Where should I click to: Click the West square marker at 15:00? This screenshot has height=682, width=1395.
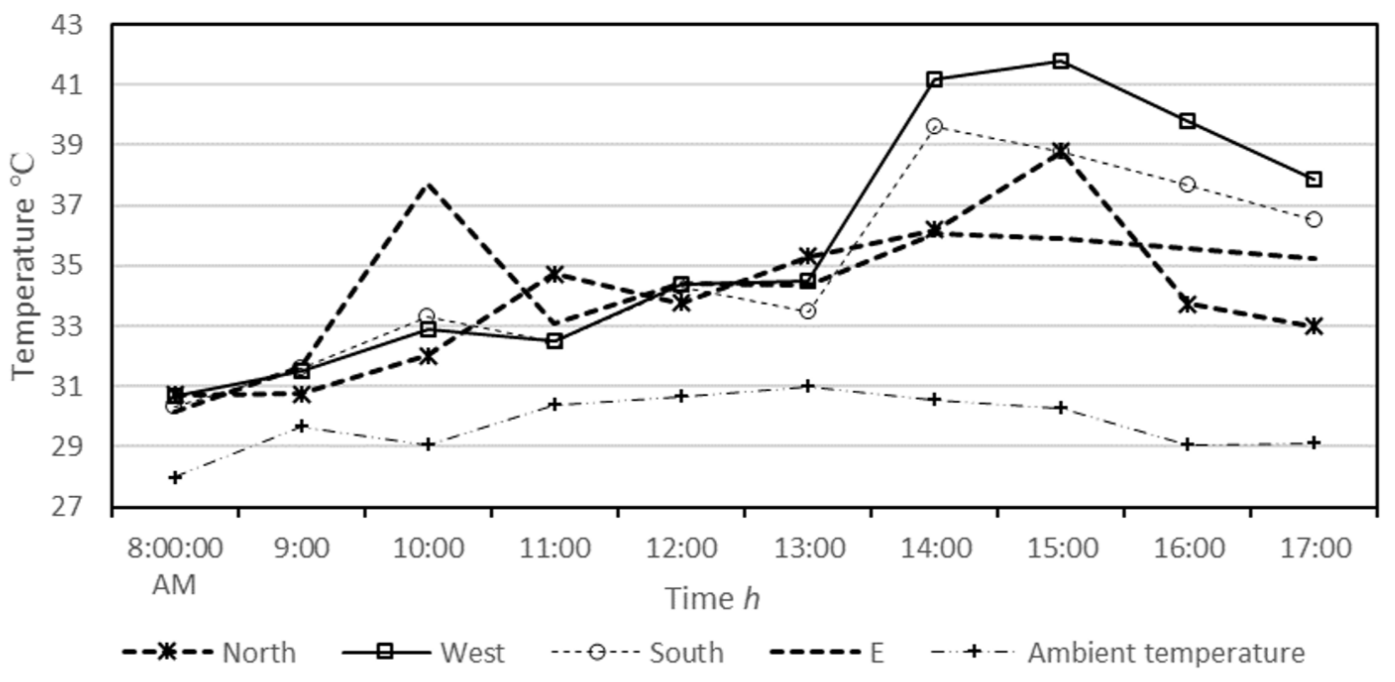coord(1061,61)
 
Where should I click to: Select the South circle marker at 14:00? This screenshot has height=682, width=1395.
coord(934,127)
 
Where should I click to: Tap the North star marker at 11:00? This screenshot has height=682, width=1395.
coord(555,274)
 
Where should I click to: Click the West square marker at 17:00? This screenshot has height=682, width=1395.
coord(1314,179)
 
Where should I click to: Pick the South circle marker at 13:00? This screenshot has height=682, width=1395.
coord(807,311)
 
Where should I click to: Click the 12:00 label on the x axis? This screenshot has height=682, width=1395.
coord(681,548)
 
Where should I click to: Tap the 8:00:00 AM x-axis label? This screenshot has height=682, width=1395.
coord(174,566)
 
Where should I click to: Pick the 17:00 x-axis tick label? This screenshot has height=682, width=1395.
coord(1315,548)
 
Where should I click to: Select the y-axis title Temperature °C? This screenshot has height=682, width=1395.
coord(23,267)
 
